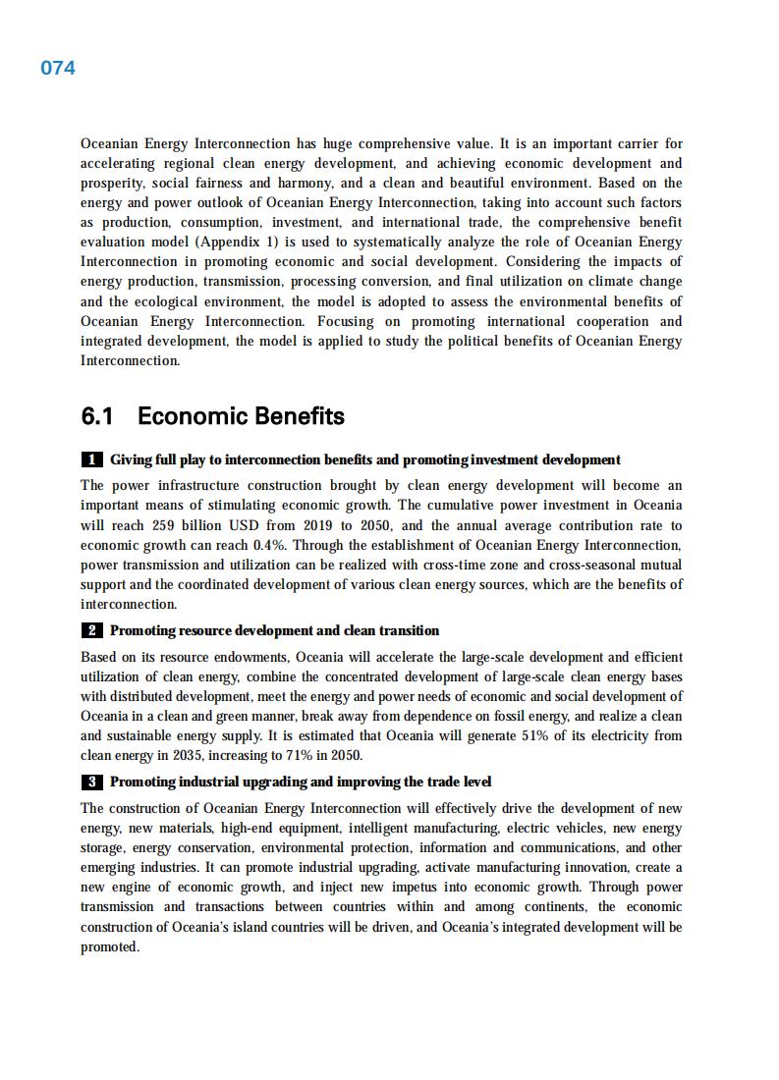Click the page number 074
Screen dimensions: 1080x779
[x=58, y=68]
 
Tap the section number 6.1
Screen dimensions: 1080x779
[x=97, y=416]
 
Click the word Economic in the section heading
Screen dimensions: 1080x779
[x=193, y=416]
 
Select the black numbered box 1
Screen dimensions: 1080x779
[x=91, y=459]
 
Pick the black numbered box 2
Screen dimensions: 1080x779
[x=91, y=630]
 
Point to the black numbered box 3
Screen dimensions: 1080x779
[x=91, y=783]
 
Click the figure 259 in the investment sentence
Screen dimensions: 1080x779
[x=164, y=525]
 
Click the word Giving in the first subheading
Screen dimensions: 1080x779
[x=131, y=459]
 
